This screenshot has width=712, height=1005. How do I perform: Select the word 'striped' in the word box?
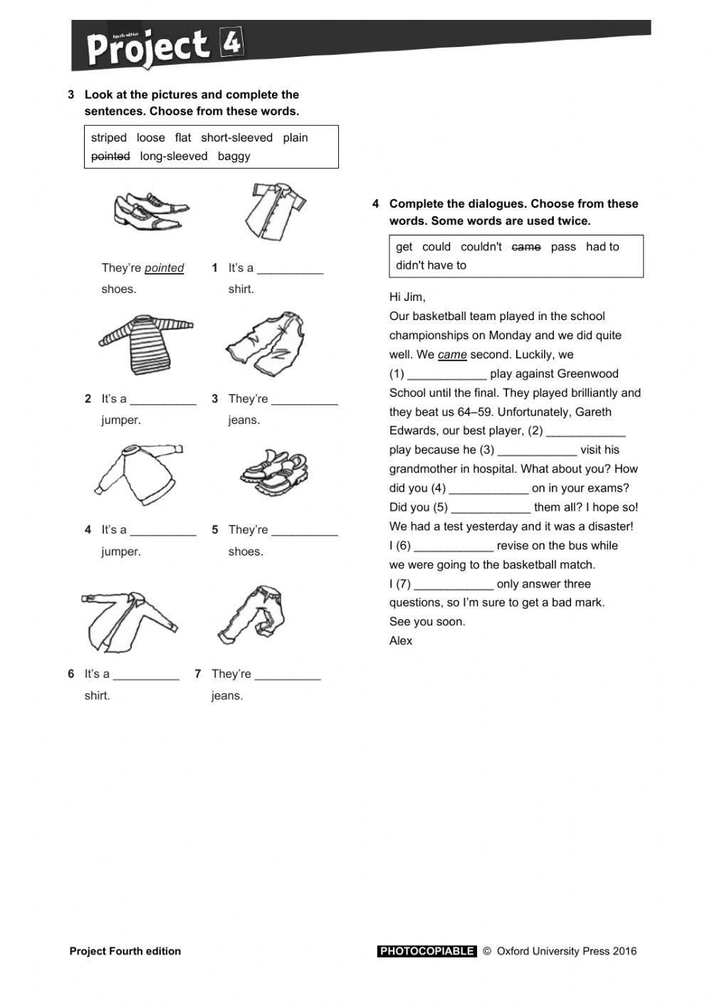[109, 138]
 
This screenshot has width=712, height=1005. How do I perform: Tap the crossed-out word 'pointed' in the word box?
[110, 156]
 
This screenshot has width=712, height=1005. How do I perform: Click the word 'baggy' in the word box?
[234, 156]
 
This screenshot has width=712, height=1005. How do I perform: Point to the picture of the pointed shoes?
[150, 210]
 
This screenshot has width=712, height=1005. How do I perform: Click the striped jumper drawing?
[145, 344]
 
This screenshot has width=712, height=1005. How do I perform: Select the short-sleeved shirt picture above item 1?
[275, 211]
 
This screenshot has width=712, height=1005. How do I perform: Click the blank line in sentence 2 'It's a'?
[163, 399]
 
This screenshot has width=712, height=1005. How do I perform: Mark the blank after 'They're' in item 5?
[305, 530]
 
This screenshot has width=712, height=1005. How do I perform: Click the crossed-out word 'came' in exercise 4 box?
[526, 247]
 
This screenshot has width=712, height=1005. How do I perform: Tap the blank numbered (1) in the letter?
[447, 374]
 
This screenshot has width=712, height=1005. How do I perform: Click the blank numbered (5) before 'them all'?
[491, 508]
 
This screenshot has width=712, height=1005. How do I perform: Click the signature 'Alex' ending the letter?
[401, 641]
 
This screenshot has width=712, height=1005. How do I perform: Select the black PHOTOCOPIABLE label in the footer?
[426, 951]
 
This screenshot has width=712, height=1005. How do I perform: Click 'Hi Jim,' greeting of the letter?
[407, 297]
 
